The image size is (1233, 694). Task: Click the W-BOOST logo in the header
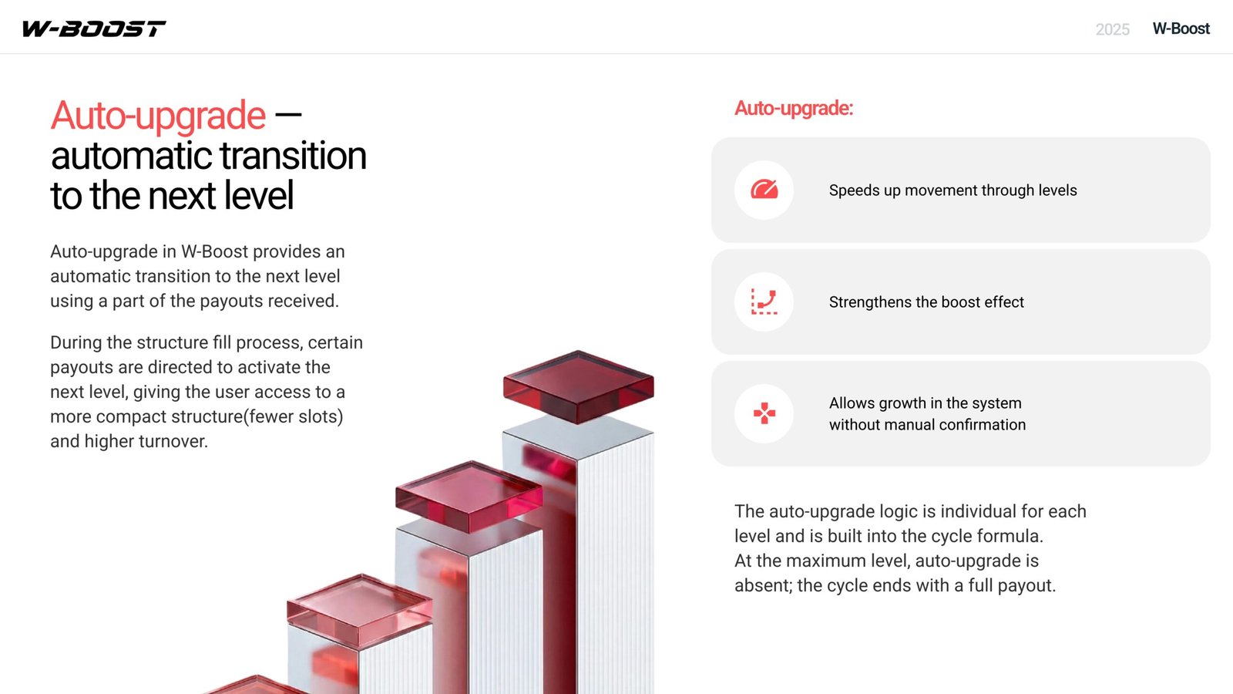click(x=93, y=29)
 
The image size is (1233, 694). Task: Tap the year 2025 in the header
click(x=1113, y=29)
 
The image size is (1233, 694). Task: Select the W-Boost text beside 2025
click(x=1181, y=29)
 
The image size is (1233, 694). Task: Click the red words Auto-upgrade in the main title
click(x=158, y=116)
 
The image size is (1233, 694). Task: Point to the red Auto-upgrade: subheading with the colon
click(x=794, y=108)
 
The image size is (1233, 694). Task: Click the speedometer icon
click(x=764, y=190)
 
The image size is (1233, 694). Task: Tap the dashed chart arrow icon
click(x=764, y=302)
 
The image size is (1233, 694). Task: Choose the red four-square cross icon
click(x=764, y=413)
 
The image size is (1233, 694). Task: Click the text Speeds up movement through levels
click(x=952, y=190)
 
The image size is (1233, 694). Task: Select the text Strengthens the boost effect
click(x=926, y=302)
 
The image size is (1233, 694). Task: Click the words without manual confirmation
click(x=928, y=425)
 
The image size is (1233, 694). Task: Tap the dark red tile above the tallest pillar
click(x=579, y=386)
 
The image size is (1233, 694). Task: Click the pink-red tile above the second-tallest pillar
click(x=469, y=497)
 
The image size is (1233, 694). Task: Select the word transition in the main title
click(x=293, y=156)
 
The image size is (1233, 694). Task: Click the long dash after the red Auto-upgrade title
click(x=288, y=115)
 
